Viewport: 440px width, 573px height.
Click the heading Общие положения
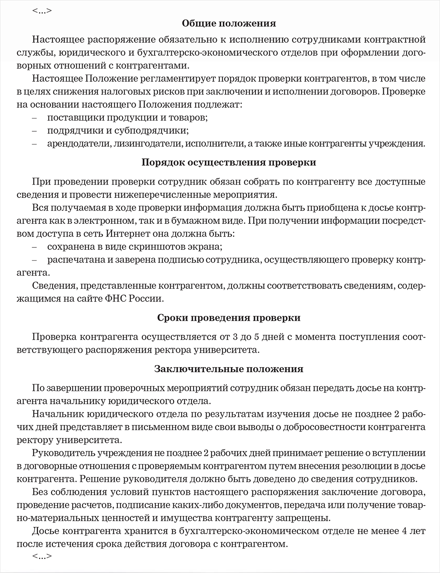(229, 24)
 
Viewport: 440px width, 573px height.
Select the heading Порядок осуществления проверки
(229, 163)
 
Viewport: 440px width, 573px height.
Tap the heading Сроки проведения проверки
(229, 318)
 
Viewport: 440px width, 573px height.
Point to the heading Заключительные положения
(229, 369)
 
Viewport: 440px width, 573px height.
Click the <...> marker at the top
(42, 10)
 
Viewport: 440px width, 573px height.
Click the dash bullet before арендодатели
(34, 143)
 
